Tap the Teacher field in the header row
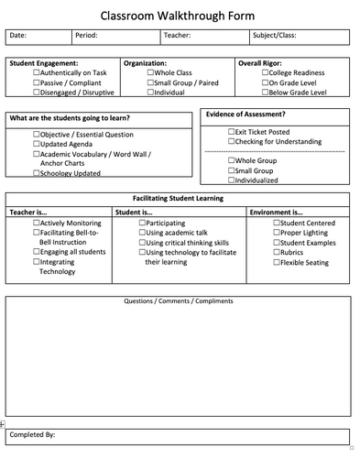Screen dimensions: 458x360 click(x=205, y=37)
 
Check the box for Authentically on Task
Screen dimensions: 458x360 click(x=37, y=71)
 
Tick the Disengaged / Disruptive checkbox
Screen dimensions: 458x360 click(x=37, y=92)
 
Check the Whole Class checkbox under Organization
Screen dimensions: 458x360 click(x=150, y=71)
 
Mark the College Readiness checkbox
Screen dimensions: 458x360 click(x=264, y=71)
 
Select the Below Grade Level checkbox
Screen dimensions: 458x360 click(x=264, y=92)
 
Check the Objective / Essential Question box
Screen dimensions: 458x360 click(x=37, y=134)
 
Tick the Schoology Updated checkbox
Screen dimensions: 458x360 click(x=37, y=173)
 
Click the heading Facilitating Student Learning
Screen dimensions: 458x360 click(x=178, y=199)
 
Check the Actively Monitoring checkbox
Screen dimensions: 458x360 click(x=37, y=223)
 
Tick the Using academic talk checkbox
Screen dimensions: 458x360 click(x=142, y=233)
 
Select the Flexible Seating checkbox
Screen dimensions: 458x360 click(x=276, y=263)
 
